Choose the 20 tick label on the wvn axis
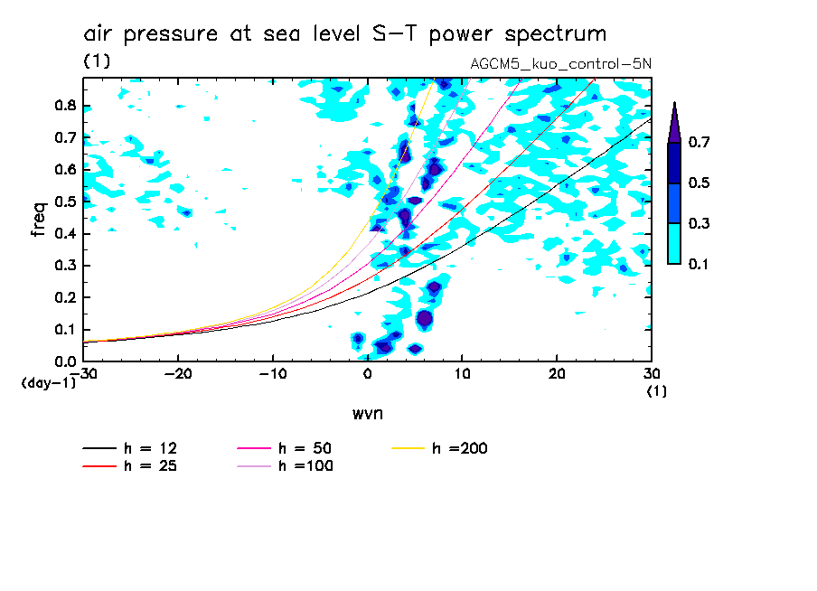tap(557, 372)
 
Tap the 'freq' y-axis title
tap(39, 219)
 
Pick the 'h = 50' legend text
tap(305, 448)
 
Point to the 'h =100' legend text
tap(305, 466)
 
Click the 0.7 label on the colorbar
tap(696, 143)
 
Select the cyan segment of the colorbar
tap(673, 243)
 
